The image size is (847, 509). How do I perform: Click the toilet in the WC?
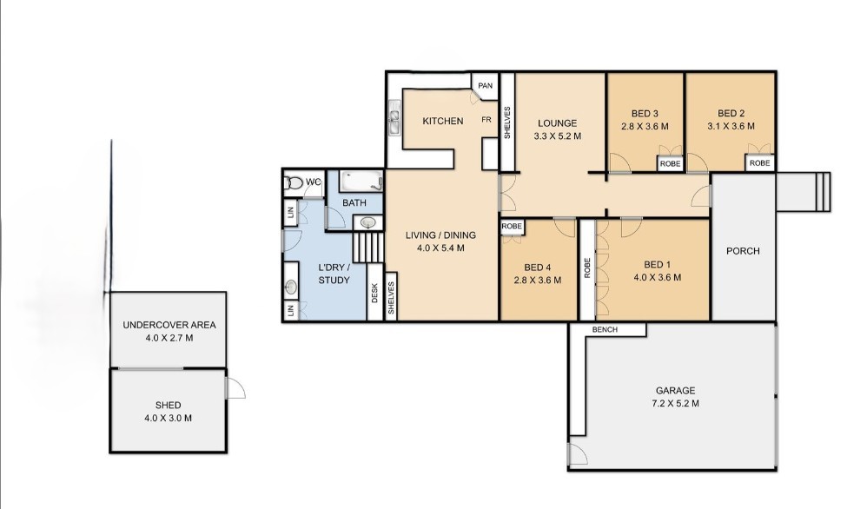point(294,182)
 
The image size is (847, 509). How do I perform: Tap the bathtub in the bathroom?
point(361,181)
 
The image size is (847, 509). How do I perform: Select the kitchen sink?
point(394,117)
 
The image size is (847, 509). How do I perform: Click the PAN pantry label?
point(485,86)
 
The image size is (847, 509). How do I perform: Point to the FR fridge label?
point(486,120)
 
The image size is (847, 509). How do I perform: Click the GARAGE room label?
point(675,390)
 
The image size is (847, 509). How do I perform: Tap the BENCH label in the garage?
point(605,329)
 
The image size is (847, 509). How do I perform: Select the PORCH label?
point(743,251)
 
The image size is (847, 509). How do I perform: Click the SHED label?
point(168,405)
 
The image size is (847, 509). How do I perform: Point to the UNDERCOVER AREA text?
point(169,325)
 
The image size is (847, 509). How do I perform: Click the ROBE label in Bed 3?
point(671,163)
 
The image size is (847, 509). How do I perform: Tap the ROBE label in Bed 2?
point(759,162)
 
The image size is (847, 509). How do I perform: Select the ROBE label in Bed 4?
point(512,227)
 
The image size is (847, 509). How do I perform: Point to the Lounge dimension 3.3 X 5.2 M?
point(558,136)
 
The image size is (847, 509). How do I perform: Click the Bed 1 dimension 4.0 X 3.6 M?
point(658,277)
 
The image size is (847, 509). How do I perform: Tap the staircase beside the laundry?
point(368,247)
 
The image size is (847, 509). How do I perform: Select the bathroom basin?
point(368,222)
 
